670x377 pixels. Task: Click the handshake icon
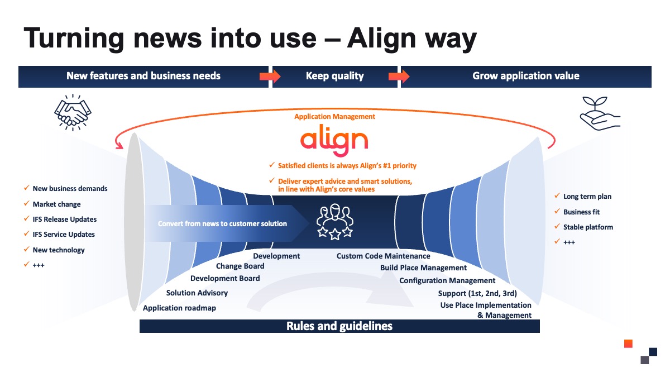click(x=73, y=112)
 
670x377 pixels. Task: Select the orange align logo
click(x=334, y=140)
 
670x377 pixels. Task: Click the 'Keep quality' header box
click(x=334, y=77)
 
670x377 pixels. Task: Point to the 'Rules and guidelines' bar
click(x=339, y=326)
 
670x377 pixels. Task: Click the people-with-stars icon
click(x=335, y=222)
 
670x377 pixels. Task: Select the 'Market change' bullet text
click(x=56, y=204)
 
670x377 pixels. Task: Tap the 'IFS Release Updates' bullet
click(x=65, y=219)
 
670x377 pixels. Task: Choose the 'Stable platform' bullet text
click(x=588, y=227)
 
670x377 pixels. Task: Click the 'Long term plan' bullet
click(x=587, y=196)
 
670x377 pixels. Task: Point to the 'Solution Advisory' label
click(x=197, y=293)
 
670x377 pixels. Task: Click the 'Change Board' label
click(x=240, y=266)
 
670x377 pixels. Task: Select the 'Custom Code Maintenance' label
click(x=383, y=256)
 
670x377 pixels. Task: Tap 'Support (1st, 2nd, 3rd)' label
click(x=477, y=294)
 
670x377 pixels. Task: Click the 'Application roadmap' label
click(x=179, y=308)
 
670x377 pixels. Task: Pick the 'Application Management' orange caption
click(x=334, y=117)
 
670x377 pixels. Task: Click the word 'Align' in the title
click(x=381, y=39)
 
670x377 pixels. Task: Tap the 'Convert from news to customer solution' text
click(x=222, y=224)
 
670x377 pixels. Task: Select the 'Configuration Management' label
click(x=447, y=280)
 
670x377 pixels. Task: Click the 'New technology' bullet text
click(x=59, y=250)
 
